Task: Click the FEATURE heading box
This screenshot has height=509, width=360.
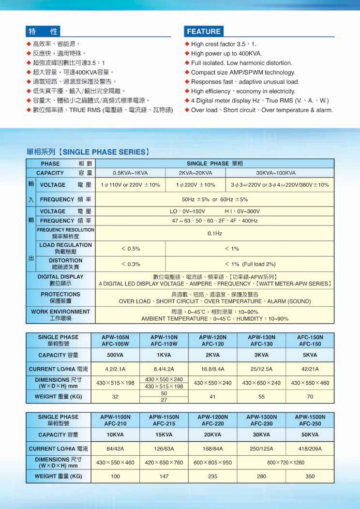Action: coord(204,31)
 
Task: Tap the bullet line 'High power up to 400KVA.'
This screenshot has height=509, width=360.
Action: coord(226,54)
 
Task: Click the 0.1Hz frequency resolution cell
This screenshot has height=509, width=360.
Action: coord(214,233)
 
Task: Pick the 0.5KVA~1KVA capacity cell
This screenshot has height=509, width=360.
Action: coord(130,173)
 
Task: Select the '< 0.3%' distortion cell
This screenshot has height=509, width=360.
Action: coord(130,264)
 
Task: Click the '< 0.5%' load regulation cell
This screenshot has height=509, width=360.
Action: coord(130,249)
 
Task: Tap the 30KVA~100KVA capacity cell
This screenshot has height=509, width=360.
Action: coord(275,173)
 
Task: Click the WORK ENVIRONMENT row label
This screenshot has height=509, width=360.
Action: coord(60,315)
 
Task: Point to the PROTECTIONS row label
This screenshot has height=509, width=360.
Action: coord(60,298)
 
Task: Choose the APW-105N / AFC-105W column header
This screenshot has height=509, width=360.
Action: coord(115,341)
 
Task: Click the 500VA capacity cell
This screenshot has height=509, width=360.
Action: coord(115,356)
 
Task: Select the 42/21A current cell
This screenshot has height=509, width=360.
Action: coord(310,369)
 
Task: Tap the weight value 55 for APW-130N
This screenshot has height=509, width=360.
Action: coord(262,397)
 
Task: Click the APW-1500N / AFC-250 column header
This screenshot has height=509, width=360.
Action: coord(310,420)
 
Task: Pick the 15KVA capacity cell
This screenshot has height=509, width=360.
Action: coord(164,435)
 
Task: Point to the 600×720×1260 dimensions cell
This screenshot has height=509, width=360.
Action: coord(285,463)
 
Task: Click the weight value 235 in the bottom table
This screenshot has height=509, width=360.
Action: coord(212,477)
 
